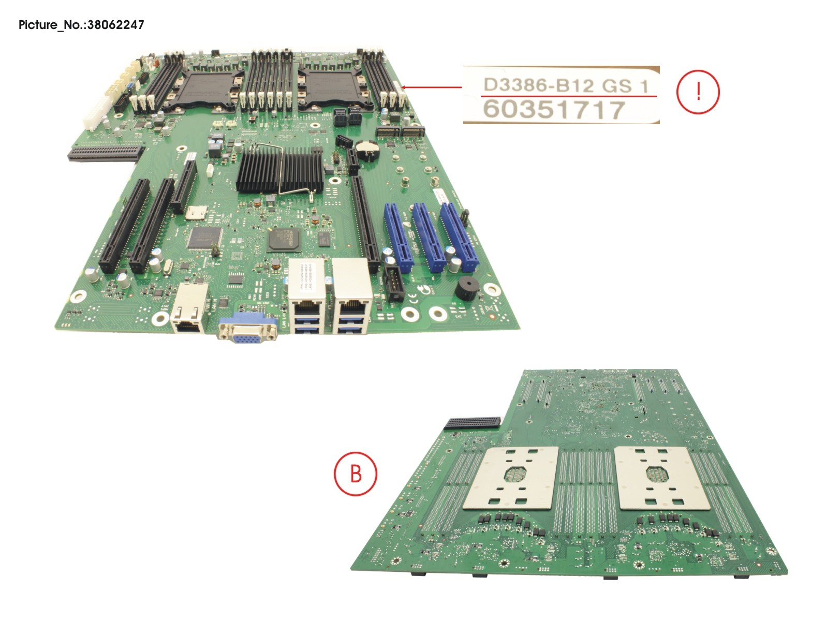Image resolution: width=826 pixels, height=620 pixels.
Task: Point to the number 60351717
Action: (x=554, y=110)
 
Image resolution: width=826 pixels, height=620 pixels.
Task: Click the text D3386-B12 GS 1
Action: (x=565, y=85)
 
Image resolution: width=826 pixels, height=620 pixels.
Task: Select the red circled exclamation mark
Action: (x=698, y=92)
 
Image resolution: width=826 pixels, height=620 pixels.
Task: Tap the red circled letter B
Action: (x=356, y=473)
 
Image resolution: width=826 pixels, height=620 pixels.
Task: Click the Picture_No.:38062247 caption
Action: (x=81, y=24)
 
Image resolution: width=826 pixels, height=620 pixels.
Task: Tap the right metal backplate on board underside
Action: (x=659, y=478)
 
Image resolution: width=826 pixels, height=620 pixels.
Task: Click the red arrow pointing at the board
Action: (x=432, y=87)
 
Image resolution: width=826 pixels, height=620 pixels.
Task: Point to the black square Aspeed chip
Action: (x=284, y=241)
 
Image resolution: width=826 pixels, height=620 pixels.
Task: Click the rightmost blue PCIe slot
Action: (x=459, y=236)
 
